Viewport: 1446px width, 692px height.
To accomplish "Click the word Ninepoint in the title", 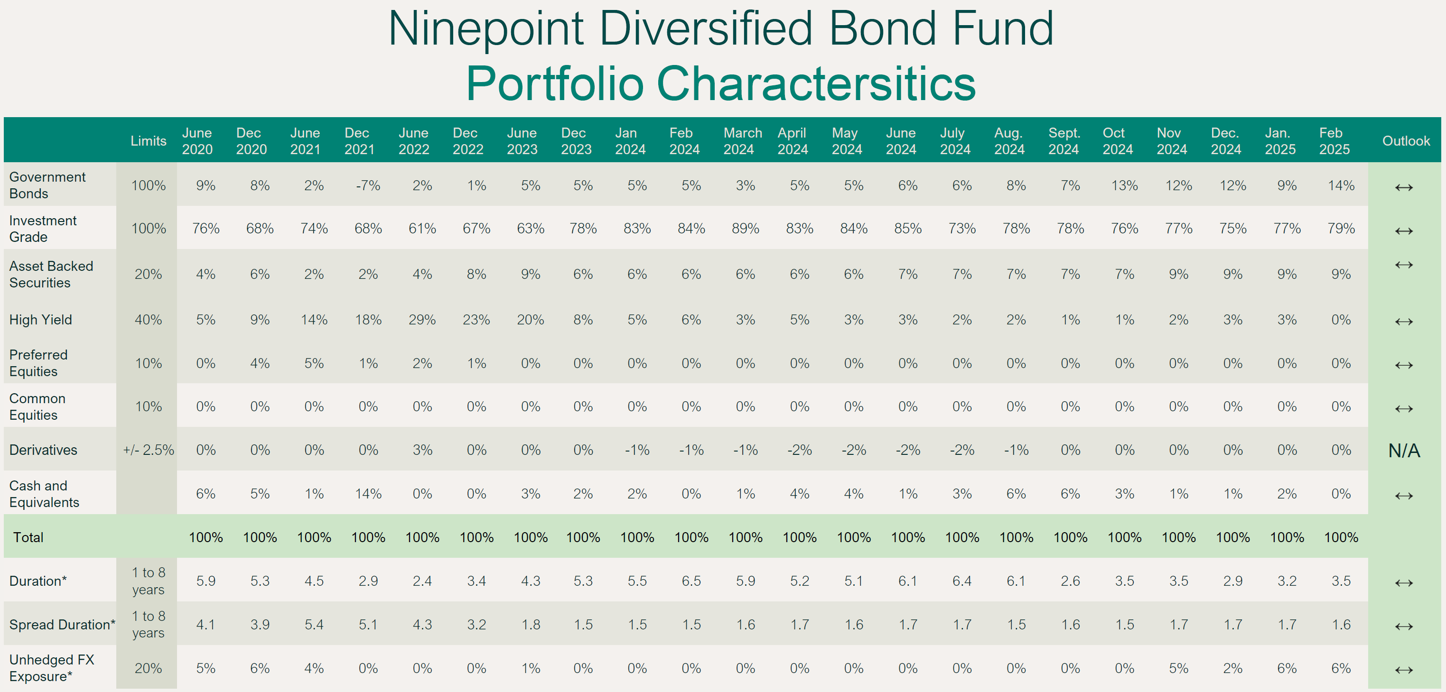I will (486, 29).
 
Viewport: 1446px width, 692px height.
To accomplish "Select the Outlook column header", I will (1406, 141).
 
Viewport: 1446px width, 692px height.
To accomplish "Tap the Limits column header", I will (148, 141).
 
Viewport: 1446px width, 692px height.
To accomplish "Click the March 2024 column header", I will (742, 141).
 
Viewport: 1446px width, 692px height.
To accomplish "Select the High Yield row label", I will (41, 320).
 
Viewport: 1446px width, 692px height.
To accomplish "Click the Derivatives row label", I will (43, 450).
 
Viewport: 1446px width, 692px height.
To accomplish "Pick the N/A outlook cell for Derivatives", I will (1404, 451).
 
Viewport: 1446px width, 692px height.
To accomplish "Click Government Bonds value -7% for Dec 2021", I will (368, 186).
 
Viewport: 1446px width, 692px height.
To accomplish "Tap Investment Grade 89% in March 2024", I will (745, 229).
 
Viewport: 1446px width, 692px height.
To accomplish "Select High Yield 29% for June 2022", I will (422, 320).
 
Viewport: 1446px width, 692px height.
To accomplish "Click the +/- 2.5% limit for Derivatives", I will (148, 450).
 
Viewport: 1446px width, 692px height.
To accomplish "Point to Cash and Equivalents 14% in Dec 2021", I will (368, 494).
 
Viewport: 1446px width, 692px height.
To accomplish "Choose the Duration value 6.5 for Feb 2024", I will (691, 581).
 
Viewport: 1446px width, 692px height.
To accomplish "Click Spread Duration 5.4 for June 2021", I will (314, 625).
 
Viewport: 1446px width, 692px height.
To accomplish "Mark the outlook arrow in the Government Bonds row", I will (1403, 187).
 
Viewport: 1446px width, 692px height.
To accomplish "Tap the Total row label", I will (28, 538).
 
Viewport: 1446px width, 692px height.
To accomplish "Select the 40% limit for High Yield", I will (148, 320).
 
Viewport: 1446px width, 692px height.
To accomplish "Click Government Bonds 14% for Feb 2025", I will (1341, 186).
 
